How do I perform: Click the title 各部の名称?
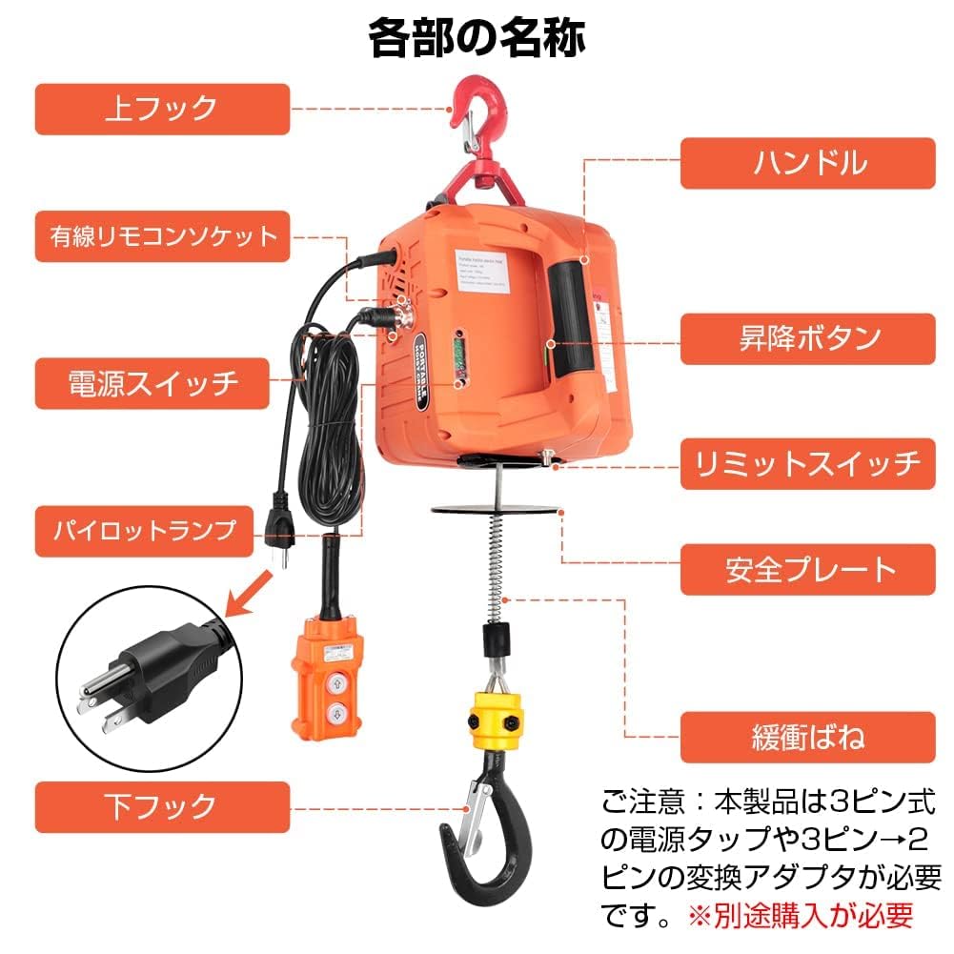[477, 37]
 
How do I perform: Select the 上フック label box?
[162, 109]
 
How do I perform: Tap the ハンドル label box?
[807, 163]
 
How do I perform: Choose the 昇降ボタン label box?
[807, 339]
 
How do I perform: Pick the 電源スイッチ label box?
[162, 383]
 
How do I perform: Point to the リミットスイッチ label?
[807, 464]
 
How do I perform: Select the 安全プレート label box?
[807, 570]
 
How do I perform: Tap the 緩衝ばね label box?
[807, 738]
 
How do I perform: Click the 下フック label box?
[162, 807]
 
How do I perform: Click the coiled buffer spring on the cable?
[496, 562]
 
